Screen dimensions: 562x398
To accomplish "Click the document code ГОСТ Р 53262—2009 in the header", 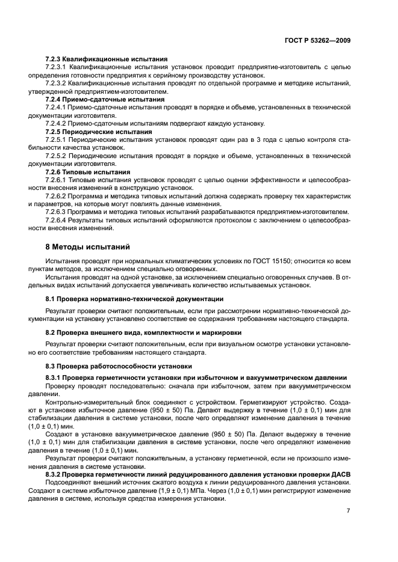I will tap(317, 41).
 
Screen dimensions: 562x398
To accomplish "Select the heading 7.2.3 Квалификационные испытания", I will tap(106, 60).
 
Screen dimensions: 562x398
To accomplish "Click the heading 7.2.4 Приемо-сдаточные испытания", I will tap(105, 99).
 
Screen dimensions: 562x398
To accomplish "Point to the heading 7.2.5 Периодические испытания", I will tap(99, 131).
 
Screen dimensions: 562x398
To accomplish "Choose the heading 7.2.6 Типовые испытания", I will tap(88, 171).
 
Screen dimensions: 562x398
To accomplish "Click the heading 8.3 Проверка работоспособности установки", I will tap(119, 365).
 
